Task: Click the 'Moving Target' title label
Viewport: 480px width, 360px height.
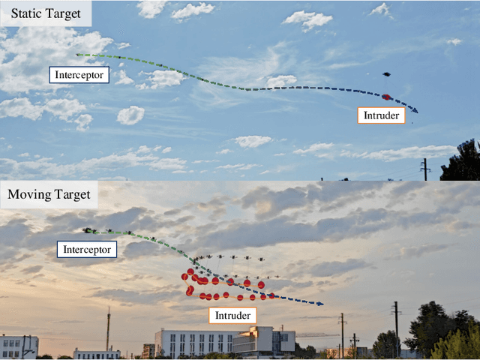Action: tap(49, 196)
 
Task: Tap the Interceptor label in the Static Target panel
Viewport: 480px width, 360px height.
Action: tap(79, 74)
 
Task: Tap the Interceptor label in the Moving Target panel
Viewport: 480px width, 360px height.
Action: tap(88, 249)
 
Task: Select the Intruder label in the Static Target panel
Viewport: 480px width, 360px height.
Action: tap(382, 115)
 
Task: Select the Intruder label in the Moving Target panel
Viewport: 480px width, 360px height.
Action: tap(232, 315)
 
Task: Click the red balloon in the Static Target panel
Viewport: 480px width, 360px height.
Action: tap(386, 97)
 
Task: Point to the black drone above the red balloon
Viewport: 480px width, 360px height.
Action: tap(386, 74)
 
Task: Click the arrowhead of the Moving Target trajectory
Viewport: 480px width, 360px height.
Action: tap(321, 304)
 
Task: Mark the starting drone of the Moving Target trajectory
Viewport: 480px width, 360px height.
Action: tap(89, 230)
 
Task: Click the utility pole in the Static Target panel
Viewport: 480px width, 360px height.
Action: tap(425, 169)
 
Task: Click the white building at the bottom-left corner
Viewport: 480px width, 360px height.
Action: tap(19, 346)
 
